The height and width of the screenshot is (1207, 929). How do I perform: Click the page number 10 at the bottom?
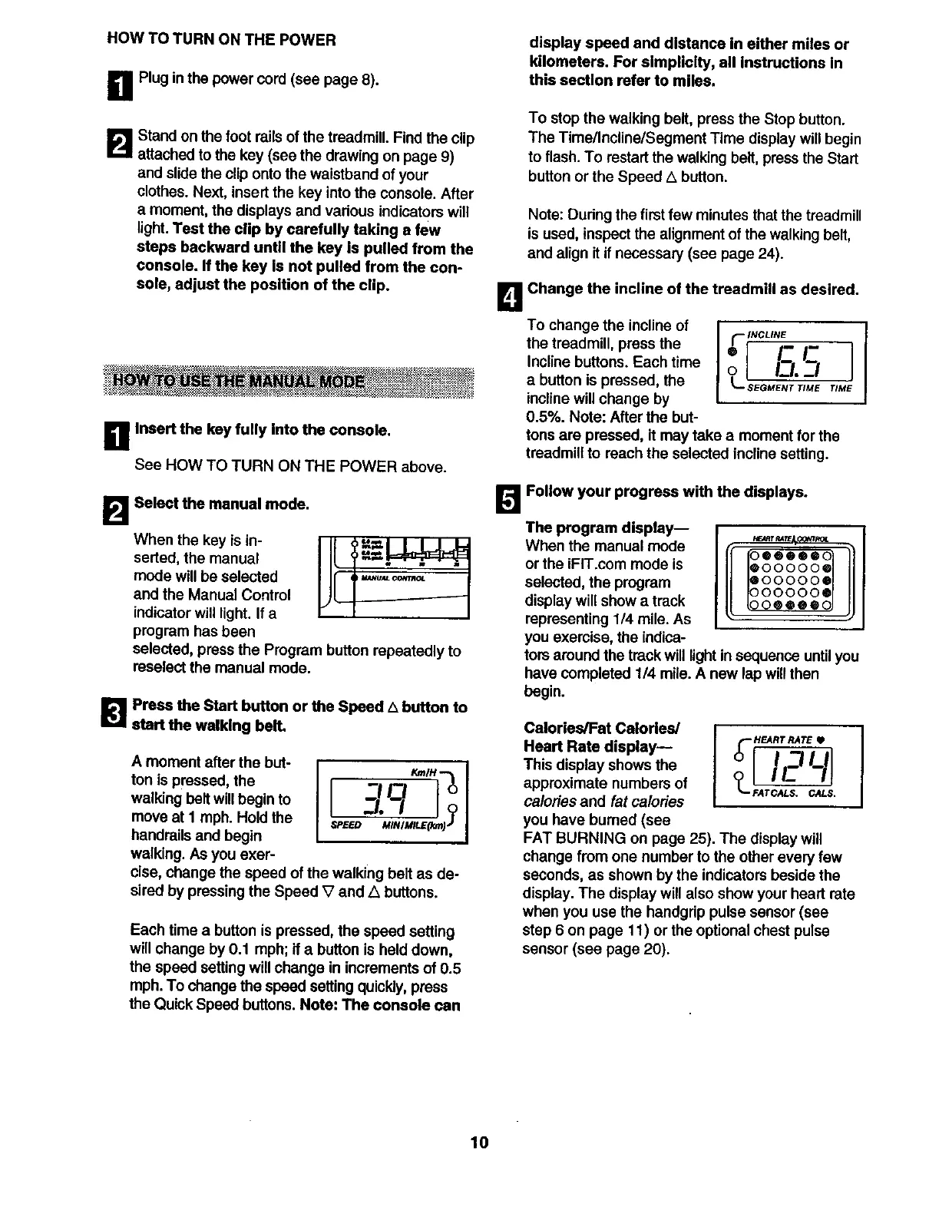click(479, 1142)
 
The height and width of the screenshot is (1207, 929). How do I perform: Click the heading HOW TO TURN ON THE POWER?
click(221, 40)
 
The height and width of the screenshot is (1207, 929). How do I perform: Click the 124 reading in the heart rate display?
click(795, 767)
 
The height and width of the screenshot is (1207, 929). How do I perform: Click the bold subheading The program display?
click(607, 527)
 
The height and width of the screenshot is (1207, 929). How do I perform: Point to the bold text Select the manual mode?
click(221, 504)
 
